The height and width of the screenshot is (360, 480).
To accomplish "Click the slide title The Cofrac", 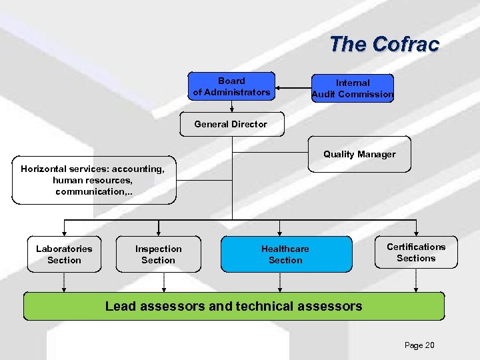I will (x=384, y=45).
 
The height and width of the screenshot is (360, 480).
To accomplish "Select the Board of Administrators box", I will (x=231, y=87).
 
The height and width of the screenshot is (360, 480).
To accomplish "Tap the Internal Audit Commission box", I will (x=353, y=89).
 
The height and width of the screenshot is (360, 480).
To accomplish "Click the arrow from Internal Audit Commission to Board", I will (x=293, y=88).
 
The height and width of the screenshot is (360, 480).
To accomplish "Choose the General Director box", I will (x=231, y=124).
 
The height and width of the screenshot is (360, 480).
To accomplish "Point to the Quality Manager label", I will (x=359, y=154).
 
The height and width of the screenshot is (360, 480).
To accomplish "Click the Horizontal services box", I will (x=93, y=180).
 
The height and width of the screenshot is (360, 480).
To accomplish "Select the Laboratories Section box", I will (x=64, y=255).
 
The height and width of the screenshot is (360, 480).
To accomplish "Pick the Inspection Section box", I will (x=158, y=255).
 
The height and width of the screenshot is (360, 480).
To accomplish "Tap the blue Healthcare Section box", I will (x=285, y=255).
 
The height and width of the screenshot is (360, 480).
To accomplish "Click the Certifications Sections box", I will (x=416, y=253).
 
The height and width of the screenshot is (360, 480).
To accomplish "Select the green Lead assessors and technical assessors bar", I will (x=234, y=307).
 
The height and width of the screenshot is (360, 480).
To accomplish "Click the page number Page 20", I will (x=419, y=345).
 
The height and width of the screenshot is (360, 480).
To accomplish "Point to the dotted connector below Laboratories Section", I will (x=64, y=283).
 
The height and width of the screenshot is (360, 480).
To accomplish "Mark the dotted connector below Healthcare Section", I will (x=281, y=283).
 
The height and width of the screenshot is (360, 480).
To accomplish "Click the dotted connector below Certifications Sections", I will (x=416, y=281).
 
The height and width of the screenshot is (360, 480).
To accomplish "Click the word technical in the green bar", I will (x=275, y=307).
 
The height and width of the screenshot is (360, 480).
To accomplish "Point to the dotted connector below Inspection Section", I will (x=163, y=283).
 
